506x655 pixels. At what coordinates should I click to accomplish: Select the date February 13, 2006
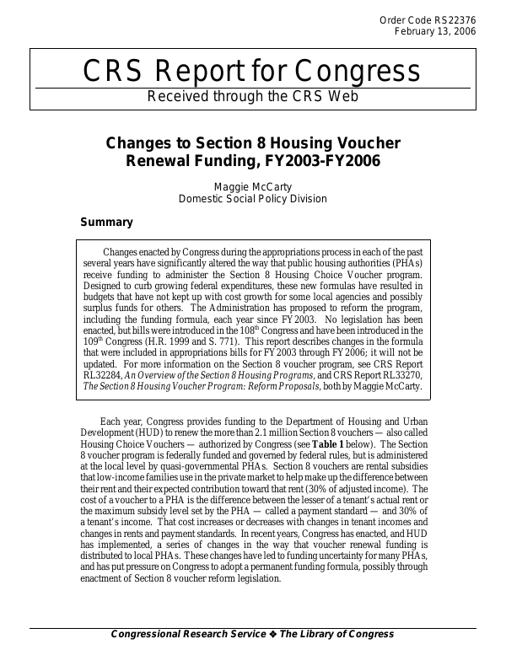coord(435,31)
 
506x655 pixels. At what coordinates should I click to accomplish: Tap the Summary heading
coord(106,223)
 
